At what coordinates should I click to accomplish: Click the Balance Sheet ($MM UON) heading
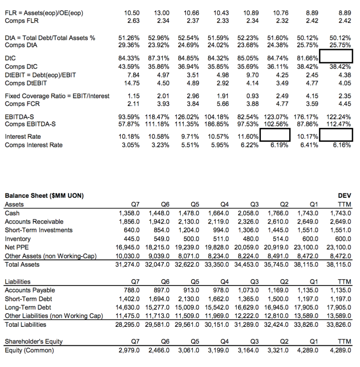[44, 196]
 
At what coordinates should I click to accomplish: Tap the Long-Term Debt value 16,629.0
[248, 307]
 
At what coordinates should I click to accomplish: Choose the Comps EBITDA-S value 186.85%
[218, 124]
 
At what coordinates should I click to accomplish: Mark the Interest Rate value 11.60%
[248, 136]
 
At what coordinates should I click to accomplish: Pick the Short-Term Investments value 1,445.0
[278, 230]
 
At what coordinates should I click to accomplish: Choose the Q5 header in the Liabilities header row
[195, 282]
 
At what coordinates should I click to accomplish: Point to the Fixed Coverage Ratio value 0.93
[251, 96]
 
